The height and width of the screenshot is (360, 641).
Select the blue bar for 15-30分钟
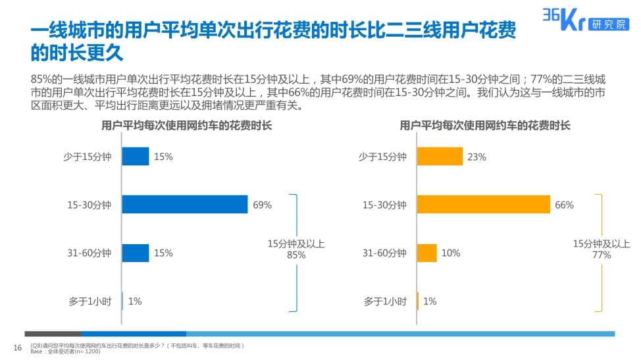185,205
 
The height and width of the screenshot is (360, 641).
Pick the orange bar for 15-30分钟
484,205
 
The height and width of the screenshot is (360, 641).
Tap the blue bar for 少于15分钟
136,157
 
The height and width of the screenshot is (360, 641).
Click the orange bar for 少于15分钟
440,157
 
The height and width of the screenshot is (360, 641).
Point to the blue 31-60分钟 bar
136,253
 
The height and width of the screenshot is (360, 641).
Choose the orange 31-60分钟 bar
427,253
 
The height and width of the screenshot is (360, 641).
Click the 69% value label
262,205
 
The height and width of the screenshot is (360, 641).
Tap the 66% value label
564,205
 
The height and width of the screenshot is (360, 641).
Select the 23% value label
476,157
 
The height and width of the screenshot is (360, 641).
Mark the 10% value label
451,253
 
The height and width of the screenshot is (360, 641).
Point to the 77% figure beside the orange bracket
601,255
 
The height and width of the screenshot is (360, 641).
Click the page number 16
18,347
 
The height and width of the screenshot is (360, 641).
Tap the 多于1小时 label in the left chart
90,301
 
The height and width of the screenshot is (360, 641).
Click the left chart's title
186,125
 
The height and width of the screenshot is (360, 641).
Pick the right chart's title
485,125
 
